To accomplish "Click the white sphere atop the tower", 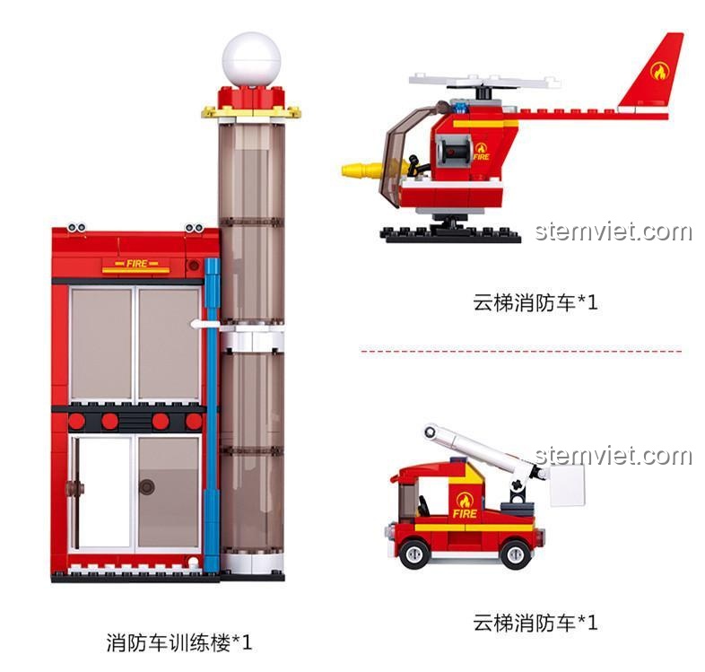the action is pyautogui.click(x=251, y=60).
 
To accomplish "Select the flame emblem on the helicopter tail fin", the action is pyautogui.click(x=659, y=71).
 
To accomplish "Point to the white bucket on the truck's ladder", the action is pyautogui.click(x=567, y=485).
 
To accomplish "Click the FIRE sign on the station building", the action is pyautogui.click(x=136, y=264).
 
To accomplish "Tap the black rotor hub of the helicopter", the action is pyautogui.click(x=482, y=92).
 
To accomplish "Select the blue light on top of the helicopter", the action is pyautogui.click(x=459, y=107).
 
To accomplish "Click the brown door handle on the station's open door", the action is pyautogui.click(x=74, y=487).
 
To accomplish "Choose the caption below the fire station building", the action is pyautogui.click(x=179, y=641).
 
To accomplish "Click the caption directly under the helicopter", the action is pyautogui.click(x=535, y=301).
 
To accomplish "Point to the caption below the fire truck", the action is pyautogui.click(x=535, y=622).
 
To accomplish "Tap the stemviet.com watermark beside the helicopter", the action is pyautogui.click(x=614, y=231).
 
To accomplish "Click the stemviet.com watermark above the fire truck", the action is pyautogui.click(x=614, y=456).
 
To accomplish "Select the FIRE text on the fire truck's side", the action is pyautogui.click(x=465, y=513).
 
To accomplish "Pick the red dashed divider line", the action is pyautogui.click(x=520, y=350).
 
